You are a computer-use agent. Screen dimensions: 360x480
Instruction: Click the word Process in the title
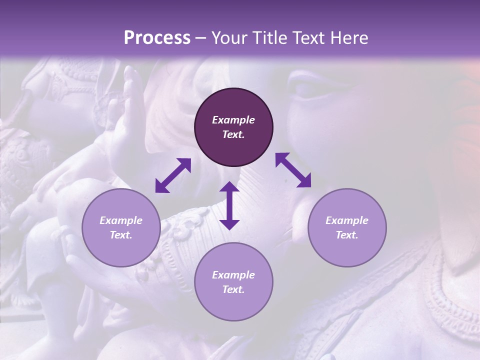pos(157,38)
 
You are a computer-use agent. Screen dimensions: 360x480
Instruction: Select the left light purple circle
pos(121,227)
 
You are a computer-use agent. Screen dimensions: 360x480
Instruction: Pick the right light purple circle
pos(346,227)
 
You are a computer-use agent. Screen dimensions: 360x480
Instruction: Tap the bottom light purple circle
pos(233,282)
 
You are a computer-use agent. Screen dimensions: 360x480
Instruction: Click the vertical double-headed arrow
pos(229,205)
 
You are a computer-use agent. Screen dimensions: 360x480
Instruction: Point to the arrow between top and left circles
pos(173,175)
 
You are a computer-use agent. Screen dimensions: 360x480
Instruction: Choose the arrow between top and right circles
pos(293,170)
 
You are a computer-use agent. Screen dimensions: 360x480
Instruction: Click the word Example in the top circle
pos(233,120)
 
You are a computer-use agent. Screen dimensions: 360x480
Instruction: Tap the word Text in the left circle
pos(121,235)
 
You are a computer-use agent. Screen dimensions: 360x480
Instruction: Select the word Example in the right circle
pos(346,220)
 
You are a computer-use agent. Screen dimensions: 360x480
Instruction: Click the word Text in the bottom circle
pos(233,289)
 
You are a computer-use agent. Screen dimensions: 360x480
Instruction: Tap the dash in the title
pos(201,38)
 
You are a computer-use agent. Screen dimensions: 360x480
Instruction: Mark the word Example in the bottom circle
pos(233,275)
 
